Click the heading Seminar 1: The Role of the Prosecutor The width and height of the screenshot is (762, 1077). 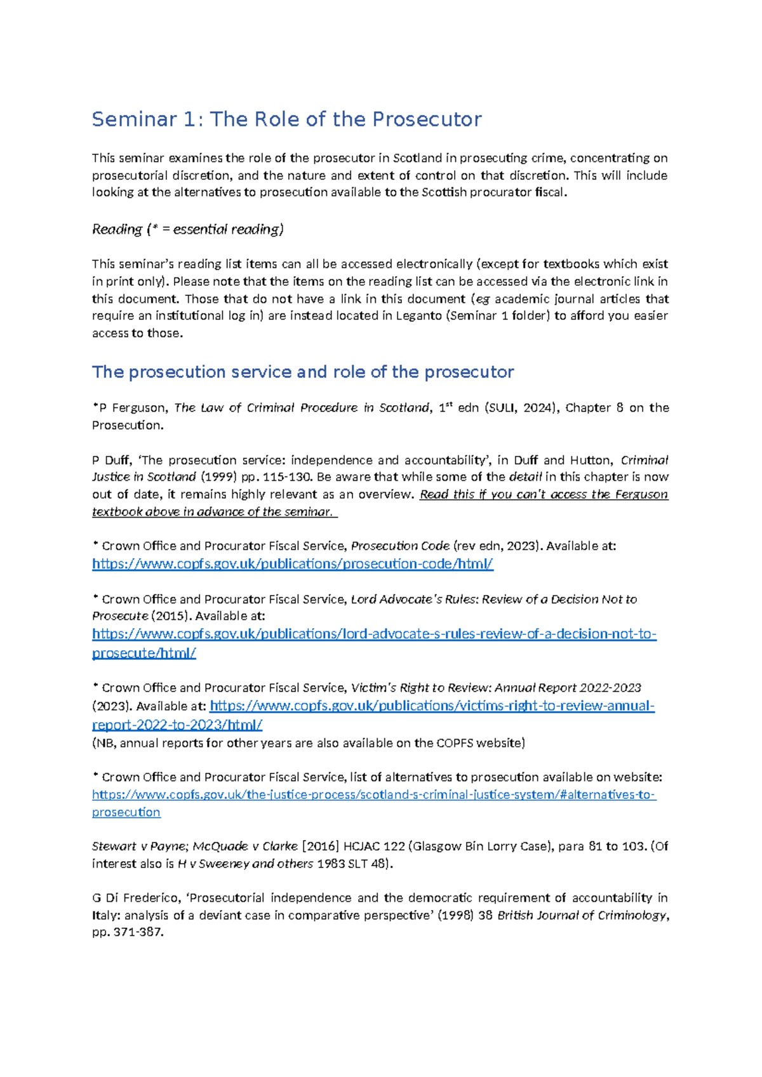pyautogui.click(x=286, y=119)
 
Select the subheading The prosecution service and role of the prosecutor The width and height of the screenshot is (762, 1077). pyautogui.click(x=302, y=371)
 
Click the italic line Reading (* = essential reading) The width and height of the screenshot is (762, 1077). pyautogui.click(x=187, y=229)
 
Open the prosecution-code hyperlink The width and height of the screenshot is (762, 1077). pyautogui.click(x=292, y=564)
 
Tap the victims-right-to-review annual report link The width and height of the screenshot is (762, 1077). pyautogui.click(x=432, y=706)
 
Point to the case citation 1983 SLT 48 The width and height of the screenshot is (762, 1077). pyautogui.click(x=352, y=864)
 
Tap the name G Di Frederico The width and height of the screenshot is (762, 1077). pyautogui.click(x=136, y=898)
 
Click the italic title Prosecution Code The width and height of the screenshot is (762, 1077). pyautogui.click(x=400, y=546)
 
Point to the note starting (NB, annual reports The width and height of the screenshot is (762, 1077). pyautogui.click(x=308, y=743)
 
